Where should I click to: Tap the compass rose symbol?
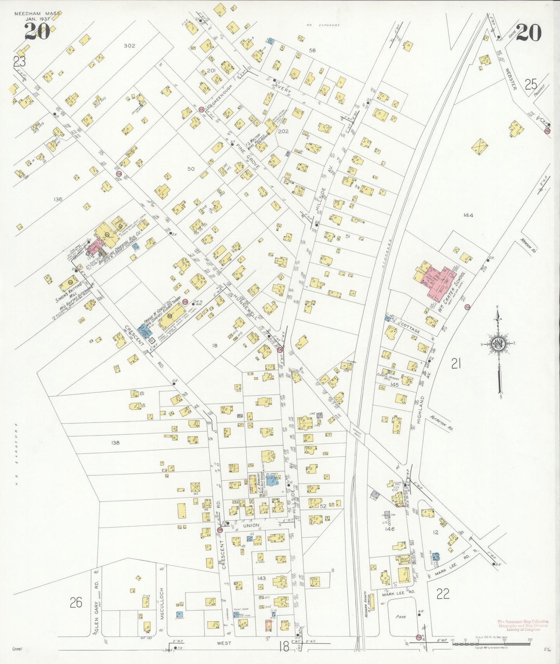498,343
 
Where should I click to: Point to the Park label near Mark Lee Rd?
401,616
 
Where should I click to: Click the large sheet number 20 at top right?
528,33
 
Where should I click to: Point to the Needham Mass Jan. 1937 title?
37,16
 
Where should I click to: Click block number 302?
129,46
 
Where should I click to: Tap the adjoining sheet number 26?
76,603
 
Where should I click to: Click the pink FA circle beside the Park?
418,637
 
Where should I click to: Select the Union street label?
251,525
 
